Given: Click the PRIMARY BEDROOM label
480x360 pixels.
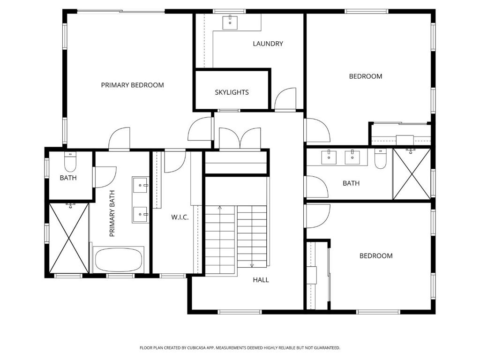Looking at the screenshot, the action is (x=132, y=85).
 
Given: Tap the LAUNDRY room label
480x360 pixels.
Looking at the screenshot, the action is (x=268, y=44).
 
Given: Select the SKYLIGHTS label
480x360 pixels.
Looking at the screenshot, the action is (x=232, y=92).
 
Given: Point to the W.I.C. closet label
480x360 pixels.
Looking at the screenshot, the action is (x=180, y=217).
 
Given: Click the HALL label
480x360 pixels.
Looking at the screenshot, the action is (x=261, y=280).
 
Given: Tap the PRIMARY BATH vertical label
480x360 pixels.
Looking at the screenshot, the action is (x=112, y=214).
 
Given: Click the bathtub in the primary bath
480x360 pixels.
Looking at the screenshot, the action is (x=119, y=260).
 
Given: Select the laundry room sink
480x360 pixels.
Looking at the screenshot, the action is (x=230, y=22).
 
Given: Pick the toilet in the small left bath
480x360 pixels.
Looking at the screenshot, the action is (x=70, y=162).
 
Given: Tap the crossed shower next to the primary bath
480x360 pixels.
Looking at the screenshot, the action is (x=69, y=238).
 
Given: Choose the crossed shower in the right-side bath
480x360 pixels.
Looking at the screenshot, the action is (x=412, y=174).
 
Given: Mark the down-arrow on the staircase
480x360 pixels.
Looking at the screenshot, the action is (x=252, y=265).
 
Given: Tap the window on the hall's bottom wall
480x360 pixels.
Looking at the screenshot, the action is (x=240, y=312).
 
